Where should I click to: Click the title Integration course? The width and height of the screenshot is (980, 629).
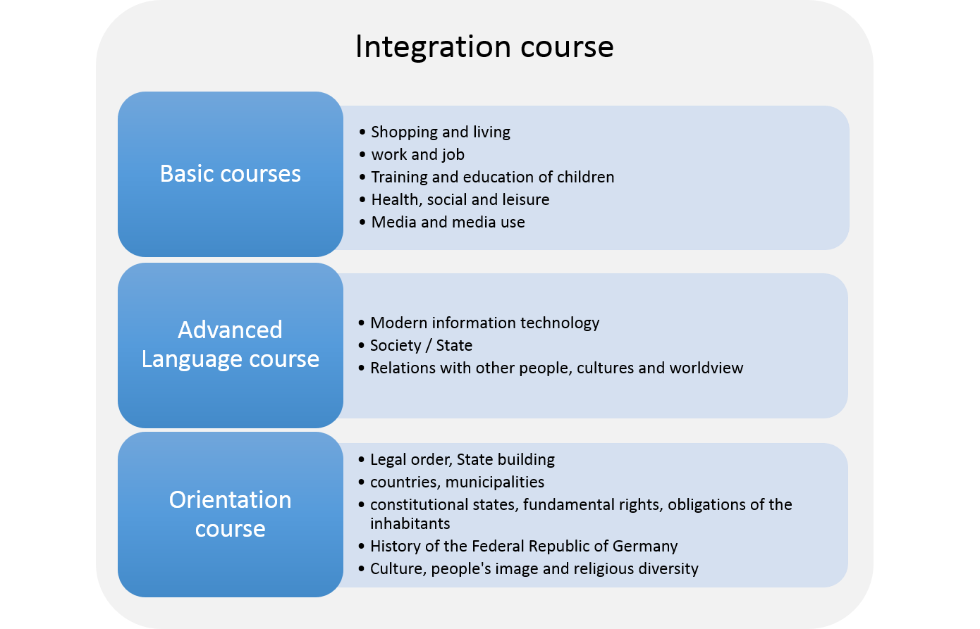coord(484,46)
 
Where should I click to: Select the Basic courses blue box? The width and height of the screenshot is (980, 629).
coord(231,174)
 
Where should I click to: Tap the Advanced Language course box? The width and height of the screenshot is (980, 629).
coord(231,345)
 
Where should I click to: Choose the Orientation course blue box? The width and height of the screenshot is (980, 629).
coord(231,514)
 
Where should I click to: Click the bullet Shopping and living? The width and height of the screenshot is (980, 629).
coord(441,132)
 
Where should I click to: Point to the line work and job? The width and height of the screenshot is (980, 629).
coord(418,155)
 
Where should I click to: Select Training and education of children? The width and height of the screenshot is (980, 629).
coord(493,177)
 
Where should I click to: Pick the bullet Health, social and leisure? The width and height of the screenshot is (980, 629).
coord(460,200)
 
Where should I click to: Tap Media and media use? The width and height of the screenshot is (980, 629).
coord(448,222)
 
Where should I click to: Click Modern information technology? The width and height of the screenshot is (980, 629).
coord(485,323)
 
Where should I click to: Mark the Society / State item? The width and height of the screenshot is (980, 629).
coord(422,345)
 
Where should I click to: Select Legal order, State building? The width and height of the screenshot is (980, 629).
coord(463,460)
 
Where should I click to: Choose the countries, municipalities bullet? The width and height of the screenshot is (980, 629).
coord(457,482)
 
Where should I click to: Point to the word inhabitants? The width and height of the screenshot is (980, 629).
coord(410,523)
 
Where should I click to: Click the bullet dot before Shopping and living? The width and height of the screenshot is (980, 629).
coord(362,132)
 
